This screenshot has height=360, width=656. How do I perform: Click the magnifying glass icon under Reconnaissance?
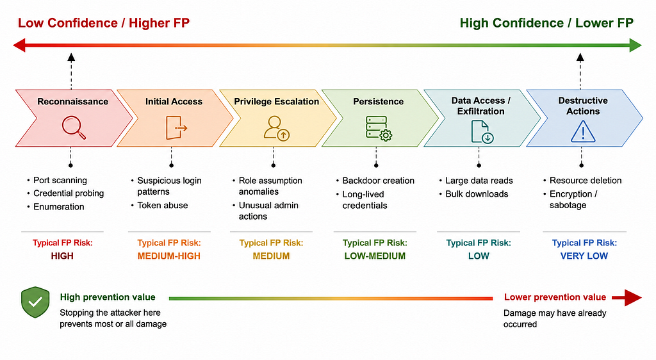74,127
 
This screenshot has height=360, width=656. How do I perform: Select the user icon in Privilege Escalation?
277,128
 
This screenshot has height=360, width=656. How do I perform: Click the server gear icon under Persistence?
379,128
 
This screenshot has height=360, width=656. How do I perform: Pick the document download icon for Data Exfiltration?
482,132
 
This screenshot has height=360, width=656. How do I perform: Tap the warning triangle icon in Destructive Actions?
583,131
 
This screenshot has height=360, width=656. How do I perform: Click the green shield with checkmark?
36,302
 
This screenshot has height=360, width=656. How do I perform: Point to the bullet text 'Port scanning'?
60,180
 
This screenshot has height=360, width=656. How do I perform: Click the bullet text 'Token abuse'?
163,205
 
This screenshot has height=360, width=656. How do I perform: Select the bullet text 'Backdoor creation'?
378,181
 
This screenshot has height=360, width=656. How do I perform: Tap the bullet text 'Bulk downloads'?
477,194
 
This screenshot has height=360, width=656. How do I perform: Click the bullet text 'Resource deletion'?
586,181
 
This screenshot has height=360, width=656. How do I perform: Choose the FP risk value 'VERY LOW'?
584,256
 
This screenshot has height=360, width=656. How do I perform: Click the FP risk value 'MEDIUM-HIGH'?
169,256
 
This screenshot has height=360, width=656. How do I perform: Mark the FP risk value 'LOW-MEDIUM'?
375,256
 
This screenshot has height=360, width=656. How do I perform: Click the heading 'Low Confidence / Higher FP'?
103,23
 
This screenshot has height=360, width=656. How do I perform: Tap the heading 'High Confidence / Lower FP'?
546,23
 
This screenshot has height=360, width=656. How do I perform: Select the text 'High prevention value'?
108,297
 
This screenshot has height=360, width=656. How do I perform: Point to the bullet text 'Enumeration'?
58,206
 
